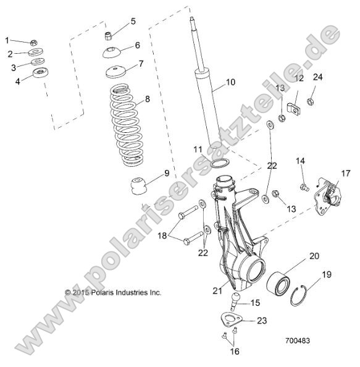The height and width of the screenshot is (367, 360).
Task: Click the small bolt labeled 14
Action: (x=303, y=186)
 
